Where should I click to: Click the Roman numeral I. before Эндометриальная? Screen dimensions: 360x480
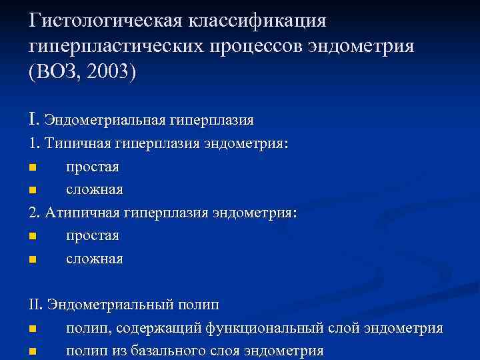pos(34,120)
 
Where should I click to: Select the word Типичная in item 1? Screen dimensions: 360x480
pos(74,143)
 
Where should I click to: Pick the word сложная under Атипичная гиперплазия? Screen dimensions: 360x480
pos(94,259)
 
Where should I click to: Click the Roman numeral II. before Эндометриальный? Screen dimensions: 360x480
pos(36,305)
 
